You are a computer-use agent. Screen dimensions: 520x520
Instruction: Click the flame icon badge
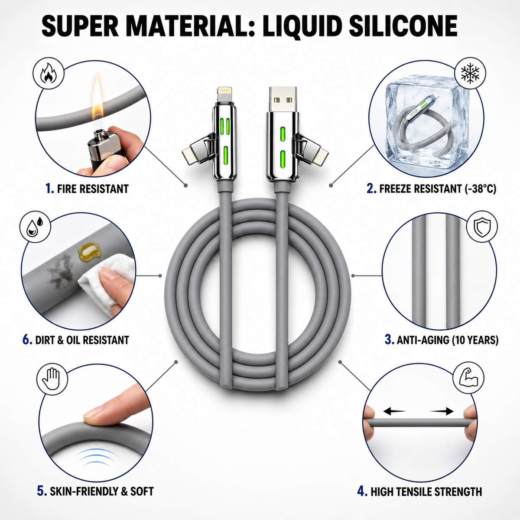[48, 73]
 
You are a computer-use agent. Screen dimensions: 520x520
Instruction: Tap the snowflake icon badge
[470, 73]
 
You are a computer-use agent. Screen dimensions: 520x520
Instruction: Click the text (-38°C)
[481, 188]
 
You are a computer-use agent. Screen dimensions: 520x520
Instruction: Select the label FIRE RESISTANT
[93, 188]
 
